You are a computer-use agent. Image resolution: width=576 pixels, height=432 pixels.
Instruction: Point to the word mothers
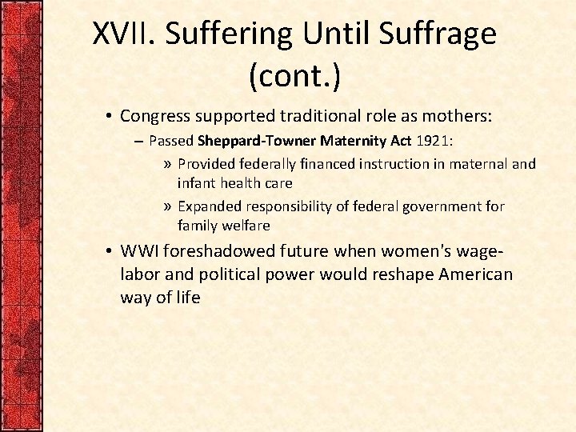pos(459,117)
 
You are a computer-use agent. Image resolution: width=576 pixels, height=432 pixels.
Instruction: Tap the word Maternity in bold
pos(352,142)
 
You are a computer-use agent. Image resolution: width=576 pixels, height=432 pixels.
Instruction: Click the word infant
pos(195,183)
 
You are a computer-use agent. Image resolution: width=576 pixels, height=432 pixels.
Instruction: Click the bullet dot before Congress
pos(108,117)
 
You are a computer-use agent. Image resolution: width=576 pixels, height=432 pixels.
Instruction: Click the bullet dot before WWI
pos(108,251)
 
